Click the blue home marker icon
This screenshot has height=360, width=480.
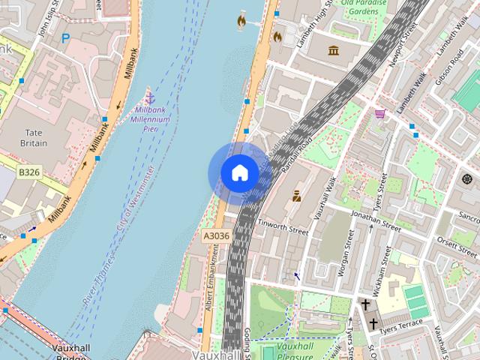click(x=238, y=173)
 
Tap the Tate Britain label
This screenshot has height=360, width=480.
click(x=33, y=137)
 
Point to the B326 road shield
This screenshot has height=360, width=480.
click(x=29, y=172)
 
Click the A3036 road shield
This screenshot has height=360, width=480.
click(x=215, y=235)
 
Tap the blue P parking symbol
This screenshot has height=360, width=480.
click(x=66, y=37)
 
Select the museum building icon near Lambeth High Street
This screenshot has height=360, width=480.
click(x=333, y=50)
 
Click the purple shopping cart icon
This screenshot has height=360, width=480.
click(x=380, y=114)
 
